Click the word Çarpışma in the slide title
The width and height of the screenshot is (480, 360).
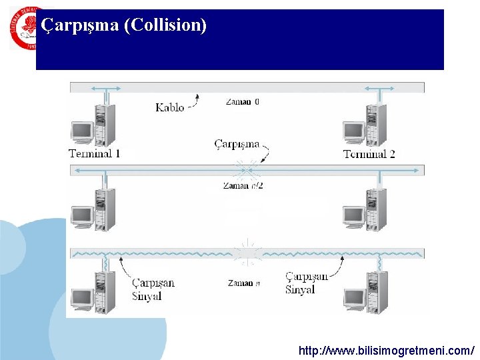click(x=80, y=25)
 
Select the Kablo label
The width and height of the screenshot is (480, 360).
click(x=169, y=107)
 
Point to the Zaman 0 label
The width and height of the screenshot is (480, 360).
click(x=243, y=102)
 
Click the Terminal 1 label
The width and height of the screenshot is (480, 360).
click(x=95, y=154)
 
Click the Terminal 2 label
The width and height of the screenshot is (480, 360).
click(x=369, y=154)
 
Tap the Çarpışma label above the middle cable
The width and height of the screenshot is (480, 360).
click(x=237, y=143)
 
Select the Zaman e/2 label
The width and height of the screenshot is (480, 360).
click(x=243, y=186)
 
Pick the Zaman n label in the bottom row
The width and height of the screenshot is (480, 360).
click(x=243, y=283)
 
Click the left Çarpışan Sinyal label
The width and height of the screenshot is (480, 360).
click(x=153, y=289)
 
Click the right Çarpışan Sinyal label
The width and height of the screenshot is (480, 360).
click(x=307, y=283)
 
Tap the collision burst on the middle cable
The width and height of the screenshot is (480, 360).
click(x=246, y=169)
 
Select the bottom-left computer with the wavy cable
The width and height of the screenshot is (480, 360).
click(x=93, y=292)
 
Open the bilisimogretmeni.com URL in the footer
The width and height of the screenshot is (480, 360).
click(x=386, y=350)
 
